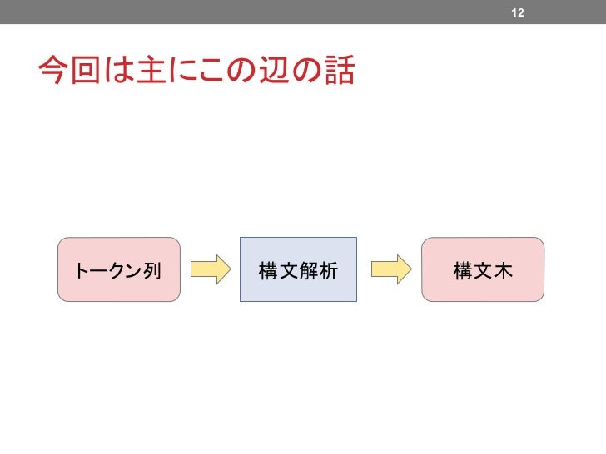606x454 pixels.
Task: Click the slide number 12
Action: point(517,12)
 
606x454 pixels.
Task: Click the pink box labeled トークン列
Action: point(118,269)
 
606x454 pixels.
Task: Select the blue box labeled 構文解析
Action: point(298,269)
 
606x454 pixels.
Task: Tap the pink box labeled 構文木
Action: point(483,269)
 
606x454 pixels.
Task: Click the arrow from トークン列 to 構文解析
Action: point(210,269)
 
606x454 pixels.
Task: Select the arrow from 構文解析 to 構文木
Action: point(390,269)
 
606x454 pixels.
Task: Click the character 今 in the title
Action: point(52,72)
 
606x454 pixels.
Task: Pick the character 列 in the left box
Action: point(151,270)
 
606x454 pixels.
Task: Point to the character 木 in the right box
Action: point(503,270)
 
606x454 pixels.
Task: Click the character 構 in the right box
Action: point(463,270)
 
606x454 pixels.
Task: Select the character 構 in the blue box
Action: point(268,270)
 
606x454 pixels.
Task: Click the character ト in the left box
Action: point(82,270)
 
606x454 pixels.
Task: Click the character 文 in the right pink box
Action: point(483,270)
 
